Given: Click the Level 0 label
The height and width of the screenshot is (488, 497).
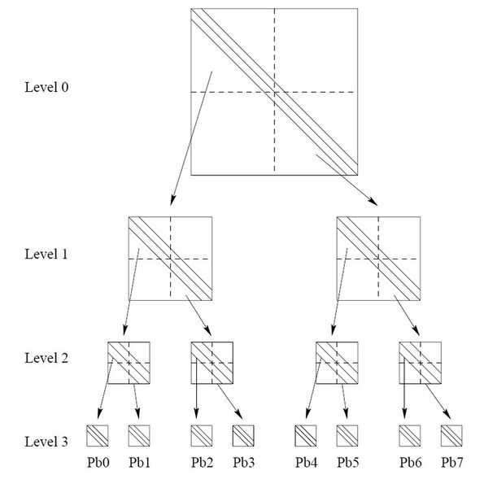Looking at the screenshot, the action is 46,87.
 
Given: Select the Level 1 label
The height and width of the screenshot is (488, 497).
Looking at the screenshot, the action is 46,254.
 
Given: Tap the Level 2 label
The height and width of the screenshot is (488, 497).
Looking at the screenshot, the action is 46,358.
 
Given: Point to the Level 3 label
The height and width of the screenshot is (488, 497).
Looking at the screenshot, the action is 46,442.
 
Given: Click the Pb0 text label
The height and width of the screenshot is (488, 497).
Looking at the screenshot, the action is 98,463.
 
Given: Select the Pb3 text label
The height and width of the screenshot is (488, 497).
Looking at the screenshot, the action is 244,463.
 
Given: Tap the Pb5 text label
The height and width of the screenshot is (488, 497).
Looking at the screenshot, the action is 347,463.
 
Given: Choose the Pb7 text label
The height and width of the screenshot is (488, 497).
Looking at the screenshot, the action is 452,463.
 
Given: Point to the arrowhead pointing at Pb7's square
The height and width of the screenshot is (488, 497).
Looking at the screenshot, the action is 447,414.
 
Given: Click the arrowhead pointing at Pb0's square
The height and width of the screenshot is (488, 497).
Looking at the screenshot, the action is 99,413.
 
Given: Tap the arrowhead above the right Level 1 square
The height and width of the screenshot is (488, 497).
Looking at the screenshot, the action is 373,202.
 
